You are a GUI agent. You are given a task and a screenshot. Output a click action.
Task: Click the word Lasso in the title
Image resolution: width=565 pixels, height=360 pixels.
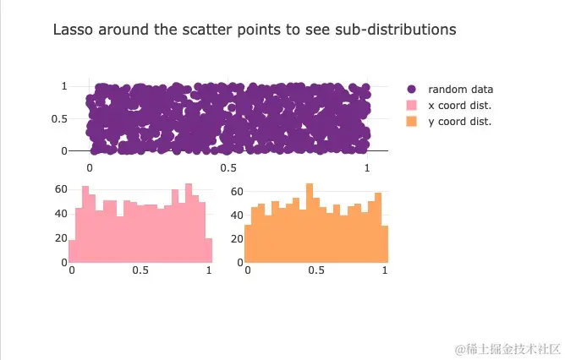[x=73, y=30]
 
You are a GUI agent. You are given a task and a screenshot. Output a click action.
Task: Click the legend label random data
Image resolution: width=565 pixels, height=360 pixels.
[x=460, y=89]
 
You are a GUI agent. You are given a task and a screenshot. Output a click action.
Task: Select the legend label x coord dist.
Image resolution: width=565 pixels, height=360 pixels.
[x=459, y=105]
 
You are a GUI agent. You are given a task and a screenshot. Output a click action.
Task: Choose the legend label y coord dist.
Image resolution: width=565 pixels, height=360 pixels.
[x=459, y=122]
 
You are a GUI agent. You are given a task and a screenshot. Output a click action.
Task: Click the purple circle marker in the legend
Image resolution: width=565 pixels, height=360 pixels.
[x=412, y=89]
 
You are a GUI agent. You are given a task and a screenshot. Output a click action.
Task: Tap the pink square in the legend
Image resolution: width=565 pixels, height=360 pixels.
[x=412, y=105]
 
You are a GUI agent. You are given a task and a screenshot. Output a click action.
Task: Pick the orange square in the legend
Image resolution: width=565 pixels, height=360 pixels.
[x=412, y=122]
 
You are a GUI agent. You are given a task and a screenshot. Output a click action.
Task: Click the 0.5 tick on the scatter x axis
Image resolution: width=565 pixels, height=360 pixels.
[x=228, y=167]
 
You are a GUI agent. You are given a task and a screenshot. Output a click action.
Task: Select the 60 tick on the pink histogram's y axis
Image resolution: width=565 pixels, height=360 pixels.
[x=60, y=189]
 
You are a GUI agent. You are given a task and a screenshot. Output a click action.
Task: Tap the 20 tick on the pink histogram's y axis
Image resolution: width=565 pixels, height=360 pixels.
[x=60, y=238]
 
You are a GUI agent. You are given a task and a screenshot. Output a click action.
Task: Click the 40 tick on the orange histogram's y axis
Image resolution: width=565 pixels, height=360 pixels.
[x=236, y=215]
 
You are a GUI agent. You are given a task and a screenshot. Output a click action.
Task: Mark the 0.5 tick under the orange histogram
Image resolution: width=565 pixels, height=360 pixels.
[x=315, y=270]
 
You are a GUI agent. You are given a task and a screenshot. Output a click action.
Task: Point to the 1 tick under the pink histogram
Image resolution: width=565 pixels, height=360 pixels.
[x=209, y=270]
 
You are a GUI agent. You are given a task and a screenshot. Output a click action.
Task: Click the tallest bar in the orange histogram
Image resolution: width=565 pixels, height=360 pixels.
[x=310, y=224]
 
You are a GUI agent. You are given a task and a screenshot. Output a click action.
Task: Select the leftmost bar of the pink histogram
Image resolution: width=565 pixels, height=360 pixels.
[x=72, y=251]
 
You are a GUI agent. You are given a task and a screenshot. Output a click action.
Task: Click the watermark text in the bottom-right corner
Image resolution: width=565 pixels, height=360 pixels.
[x=502, y=348]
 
